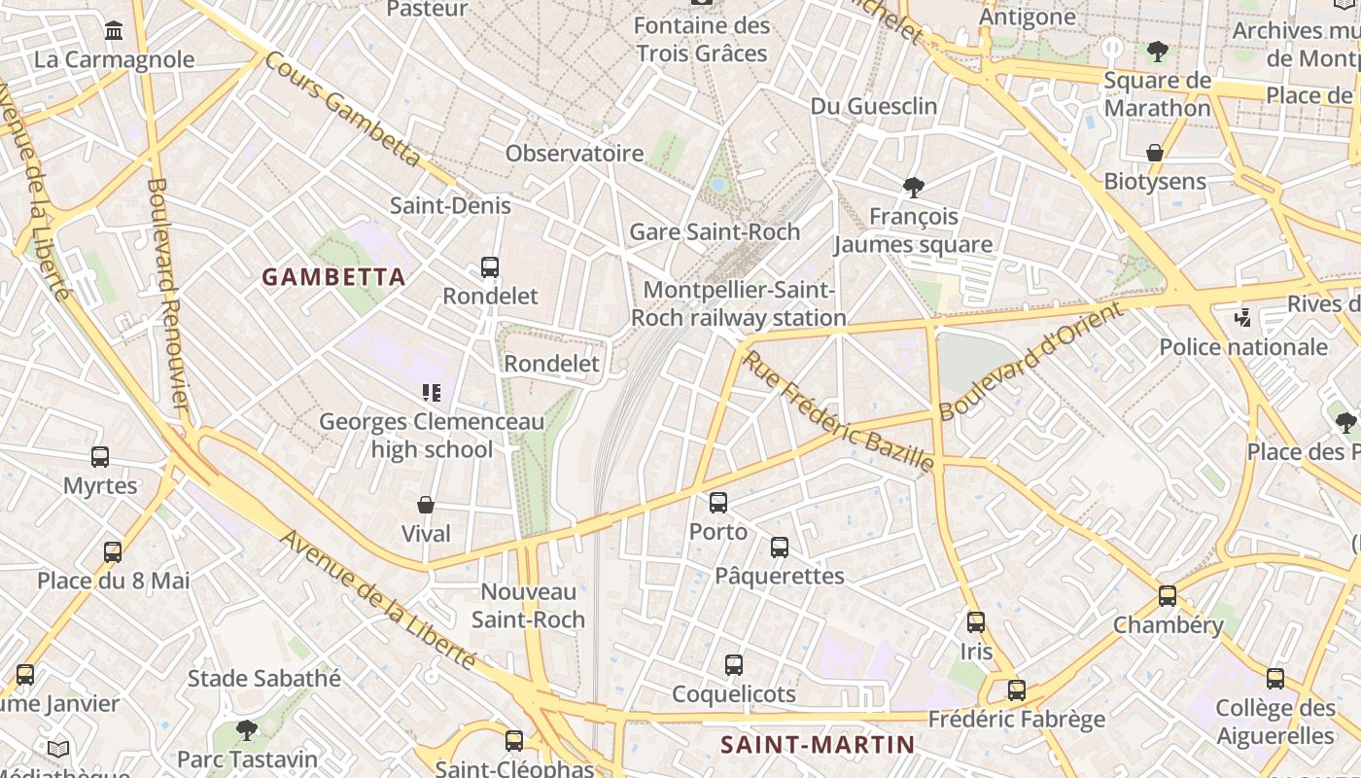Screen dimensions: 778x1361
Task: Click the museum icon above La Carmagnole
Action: (114, 30)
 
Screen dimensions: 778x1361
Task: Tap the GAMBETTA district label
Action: (333, 277)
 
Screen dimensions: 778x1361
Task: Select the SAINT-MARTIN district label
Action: (818, 745)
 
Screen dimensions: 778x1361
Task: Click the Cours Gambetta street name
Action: (342, 109)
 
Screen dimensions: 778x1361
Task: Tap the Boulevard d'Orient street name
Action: (1031, 361)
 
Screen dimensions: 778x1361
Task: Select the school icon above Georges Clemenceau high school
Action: (432, 393)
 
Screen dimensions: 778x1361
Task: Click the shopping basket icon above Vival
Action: (425, 505)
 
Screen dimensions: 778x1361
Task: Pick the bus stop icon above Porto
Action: (718, 503)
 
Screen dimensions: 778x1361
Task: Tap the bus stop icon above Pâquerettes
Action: (780, 548)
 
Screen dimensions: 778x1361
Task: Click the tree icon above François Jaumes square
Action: (913, 187)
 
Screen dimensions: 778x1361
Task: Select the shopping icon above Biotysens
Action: (1155, 153)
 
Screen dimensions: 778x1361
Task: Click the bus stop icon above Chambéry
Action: (1168, 596)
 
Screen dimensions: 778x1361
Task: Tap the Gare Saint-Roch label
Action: (715, 231)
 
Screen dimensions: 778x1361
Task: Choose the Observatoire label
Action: (575, 153)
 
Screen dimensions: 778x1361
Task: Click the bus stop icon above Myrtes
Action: (100, 457)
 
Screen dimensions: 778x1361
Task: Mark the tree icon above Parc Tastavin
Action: (247, 729)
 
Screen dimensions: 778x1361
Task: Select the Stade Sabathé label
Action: (264, 678)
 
